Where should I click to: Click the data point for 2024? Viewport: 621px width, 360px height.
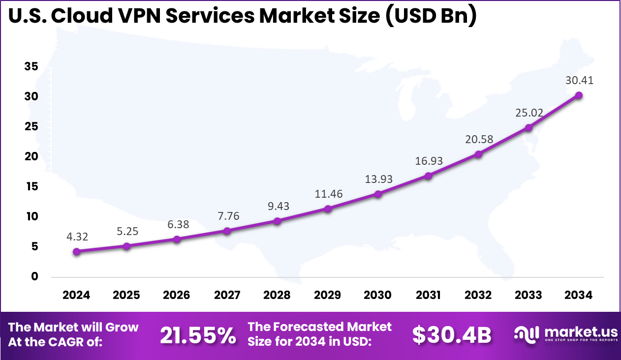[76, 252]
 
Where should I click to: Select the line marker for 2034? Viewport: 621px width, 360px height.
[579, 95]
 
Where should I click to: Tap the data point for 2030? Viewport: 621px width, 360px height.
[378, 194]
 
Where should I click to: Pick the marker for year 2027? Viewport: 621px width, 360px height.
[227, 231]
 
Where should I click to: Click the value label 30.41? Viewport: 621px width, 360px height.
[579, 80]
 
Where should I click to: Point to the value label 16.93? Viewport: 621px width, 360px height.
[428, 161]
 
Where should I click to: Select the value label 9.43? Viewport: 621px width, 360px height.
[277, 206]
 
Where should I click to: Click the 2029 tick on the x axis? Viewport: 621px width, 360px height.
[327, 295]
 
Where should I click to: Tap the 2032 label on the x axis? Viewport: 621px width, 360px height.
[478, 295]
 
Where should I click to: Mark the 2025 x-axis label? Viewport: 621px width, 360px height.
[126, 295]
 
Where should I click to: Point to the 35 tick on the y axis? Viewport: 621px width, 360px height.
[31, 67]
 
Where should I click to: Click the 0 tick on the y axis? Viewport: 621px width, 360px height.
[34, 276]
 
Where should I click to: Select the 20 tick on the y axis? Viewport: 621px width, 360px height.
[31, 157]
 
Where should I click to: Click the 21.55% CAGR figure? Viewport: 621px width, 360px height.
[198, 335]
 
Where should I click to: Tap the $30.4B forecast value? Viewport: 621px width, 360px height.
[451, 335]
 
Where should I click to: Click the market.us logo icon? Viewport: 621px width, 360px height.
[527, 334]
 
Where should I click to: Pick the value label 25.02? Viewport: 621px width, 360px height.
[528, 113]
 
